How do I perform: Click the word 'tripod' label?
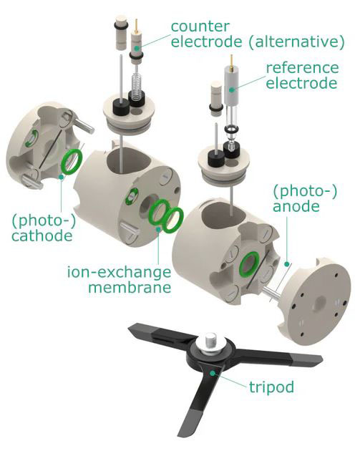click(271, 387)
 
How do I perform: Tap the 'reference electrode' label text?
click(302, 75)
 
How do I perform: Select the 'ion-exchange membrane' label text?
click(119, 279)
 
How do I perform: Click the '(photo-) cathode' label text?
click(43, 228)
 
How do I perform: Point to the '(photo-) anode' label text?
click(304, 198)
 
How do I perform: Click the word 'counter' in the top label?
click(200, 26)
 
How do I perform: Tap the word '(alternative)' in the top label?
click(296, 42)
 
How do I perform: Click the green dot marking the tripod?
click(212, 373)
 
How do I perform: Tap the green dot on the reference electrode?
click(231, 90)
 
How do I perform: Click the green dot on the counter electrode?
click(137, 48)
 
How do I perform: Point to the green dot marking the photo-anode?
click(286, 263)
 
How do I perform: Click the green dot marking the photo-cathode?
click(62, 176)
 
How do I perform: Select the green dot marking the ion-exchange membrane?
click(158, 229)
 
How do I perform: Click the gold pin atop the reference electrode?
click(231, 60)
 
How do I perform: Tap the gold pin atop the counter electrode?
click(136, 26)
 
